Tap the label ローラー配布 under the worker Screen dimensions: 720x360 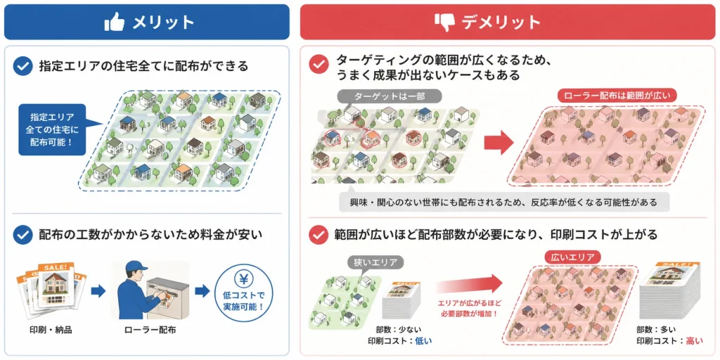tap(150, 330)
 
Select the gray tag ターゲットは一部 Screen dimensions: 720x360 tap(390, 96)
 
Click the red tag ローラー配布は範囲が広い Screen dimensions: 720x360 tap(617, 96)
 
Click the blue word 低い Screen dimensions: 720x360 tap(423, 341)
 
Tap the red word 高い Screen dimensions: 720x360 tap(694, 341)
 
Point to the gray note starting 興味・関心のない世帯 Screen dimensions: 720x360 tap(504, 202)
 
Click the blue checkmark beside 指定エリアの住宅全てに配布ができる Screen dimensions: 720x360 tap(22, 66)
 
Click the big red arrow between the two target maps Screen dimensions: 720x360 tap(499, 142)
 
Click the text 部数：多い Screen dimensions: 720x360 tap(656, 330)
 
